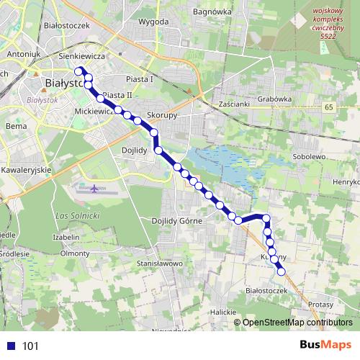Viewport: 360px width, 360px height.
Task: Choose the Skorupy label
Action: [x=162, y=114]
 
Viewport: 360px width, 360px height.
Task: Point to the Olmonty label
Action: [x=75, y=253]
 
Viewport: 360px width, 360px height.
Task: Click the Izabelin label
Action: [x=66, y=237]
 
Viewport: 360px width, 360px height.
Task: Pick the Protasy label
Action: [x=321, y=305]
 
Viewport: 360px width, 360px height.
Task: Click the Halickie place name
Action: [x=223, y=312]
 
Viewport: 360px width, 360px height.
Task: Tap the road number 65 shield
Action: [x=329, y=107]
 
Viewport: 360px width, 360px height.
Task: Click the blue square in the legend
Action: [x=9, y=346]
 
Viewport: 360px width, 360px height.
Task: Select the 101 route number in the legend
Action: [x=30, y=346]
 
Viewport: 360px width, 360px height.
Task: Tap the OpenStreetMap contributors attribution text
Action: [x=298, y=323]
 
